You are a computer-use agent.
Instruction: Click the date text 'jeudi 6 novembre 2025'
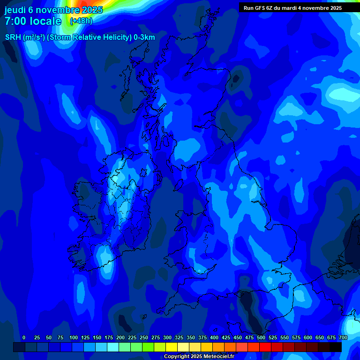coord(53,10)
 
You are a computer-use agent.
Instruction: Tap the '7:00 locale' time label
coord(33,21)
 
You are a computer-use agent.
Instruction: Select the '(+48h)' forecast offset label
coord(81,21)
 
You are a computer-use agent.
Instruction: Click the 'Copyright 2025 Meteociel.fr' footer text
coord(199,357)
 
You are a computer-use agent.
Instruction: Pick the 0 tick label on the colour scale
coord(24,337)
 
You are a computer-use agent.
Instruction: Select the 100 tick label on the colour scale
coord(74,337)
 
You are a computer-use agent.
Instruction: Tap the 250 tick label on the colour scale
coord(144,337)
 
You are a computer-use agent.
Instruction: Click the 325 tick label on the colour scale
coord(179,337)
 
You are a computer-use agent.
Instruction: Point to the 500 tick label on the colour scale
coord(261,337)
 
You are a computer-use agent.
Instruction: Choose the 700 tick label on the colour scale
coord(343,337)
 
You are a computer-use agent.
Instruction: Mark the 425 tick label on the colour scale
coord(226,337)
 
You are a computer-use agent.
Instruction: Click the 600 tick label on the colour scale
coord(308,337)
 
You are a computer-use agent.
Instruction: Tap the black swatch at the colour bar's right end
coord(336,347)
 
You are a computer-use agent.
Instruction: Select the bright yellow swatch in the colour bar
coord(172,347)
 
